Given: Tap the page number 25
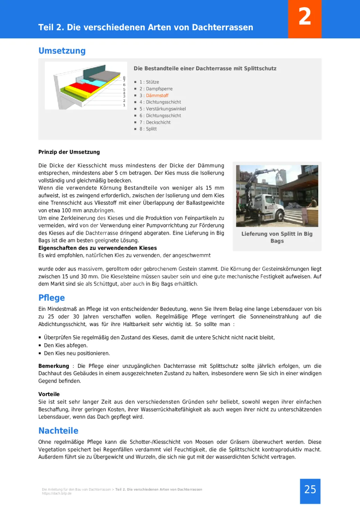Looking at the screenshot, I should coord(310,490).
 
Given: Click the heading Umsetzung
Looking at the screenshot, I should coord(62,51).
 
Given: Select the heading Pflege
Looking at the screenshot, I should coord(52,298).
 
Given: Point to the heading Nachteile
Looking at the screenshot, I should coord(58,431).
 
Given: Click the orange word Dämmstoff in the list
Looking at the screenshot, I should coord(157,96).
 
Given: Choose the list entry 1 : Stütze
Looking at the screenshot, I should coord(149,82).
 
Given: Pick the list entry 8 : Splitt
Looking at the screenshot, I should coord(148,129).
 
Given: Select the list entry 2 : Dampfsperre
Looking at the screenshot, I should coord(156,89).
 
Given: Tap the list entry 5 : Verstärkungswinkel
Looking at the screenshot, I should coord(162,109).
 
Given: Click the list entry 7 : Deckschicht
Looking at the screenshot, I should coord(155,122).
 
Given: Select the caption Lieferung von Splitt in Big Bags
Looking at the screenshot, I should coord(277,237).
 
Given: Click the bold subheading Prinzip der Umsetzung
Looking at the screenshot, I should coord(69,152).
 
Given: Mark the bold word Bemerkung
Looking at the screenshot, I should coord(53,366).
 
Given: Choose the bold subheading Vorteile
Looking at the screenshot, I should coord(49,394).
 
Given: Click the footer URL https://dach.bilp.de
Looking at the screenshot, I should coord(57,493).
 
